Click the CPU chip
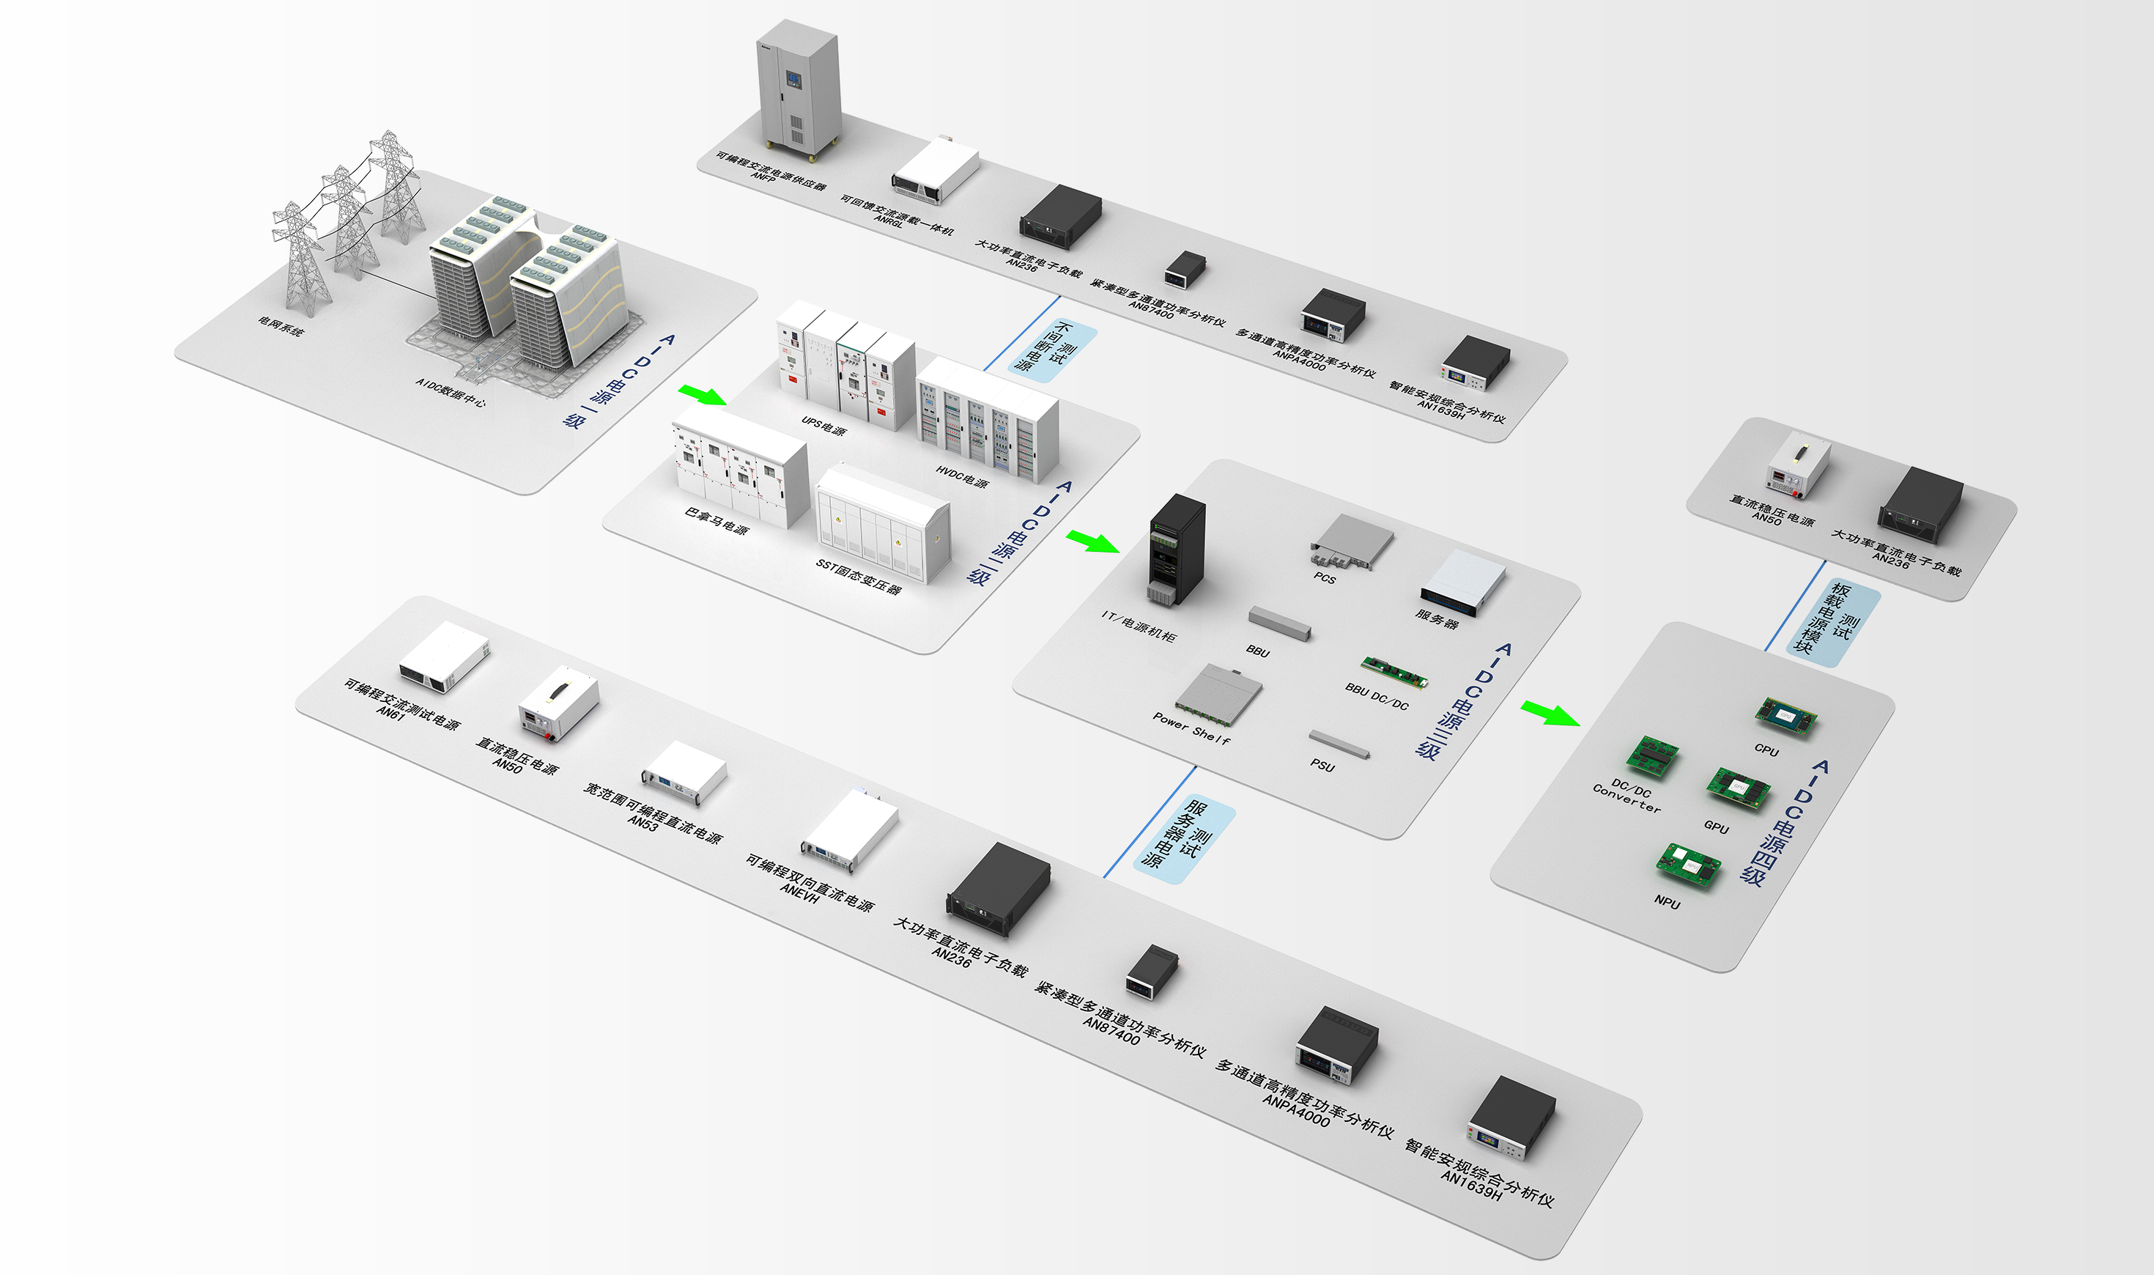pos(1785,715)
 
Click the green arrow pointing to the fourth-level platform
pos(1550,713)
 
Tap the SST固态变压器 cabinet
pos(883,522)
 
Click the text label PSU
pos(1322,766)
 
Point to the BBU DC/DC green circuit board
pos(1395,672)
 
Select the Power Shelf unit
pos(1218,689)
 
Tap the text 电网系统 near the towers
pos(281,325)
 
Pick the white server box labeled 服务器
pos(1462,582)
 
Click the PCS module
pos(1351,539)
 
